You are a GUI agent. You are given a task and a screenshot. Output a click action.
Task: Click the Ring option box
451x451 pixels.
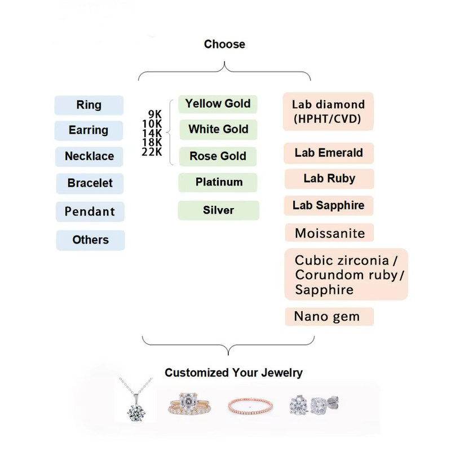click(89, 105)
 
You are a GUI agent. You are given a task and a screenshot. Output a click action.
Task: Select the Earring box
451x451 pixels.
click(89, 130)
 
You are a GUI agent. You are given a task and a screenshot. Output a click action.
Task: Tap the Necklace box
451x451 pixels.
click(89, 156)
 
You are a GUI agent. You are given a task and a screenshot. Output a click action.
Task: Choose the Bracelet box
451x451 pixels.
click(90, 183)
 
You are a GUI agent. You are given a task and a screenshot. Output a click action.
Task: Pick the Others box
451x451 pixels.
click(90, 240)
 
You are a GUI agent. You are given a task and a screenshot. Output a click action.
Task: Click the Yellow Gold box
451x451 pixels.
click(218, 104)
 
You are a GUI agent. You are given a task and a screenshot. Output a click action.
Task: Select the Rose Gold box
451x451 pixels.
click(218, 156)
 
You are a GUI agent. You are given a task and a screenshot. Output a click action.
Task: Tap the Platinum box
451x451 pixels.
click(218, 182)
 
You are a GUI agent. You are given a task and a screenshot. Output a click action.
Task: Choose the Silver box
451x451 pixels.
click(218, 210)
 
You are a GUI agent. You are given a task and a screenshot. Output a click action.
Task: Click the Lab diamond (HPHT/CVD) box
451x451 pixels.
click(328, 112)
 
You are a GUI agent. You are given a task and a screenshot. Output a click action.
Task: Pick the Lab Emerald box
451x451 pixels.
click(329, 153)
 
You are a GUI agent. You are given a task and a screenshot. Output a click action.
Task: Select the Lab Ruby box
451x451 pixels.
click(329, 179)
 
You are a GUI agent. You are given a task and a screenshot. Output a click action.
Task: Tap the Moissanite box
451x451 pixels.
click(330, 233)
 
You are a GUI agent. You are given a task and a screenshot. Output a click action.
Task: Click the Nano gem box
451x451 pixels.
click(327, 316)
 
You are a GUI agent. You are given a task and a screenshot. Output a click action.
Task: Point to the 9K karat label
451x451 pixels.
click(155, 114)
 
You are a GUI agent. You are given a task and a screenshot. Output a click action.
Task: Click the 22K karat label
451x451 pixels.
click(152, 152)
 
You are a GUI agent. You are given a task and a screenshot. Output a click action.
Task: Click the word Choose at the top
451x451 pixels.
click(224, 45)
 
